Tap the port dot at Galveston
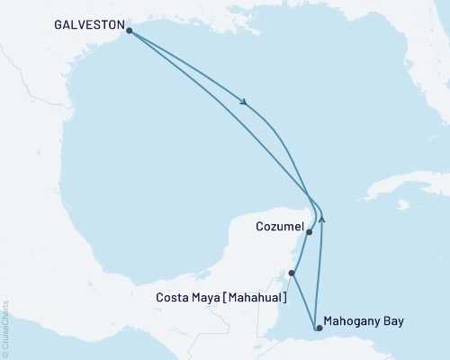click(130, 31)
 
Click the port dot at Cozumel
click(310, 232)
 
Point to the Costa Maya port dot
click(291, 273)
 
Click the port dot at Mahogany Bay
click(317, 328)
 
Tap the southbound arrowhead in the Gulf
click(245, 102)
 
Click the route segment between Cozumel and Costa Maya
click(301, 252)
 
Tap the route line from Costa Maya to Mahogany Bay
click(303, 301)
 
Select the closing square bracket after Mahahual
click(285, 297)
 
